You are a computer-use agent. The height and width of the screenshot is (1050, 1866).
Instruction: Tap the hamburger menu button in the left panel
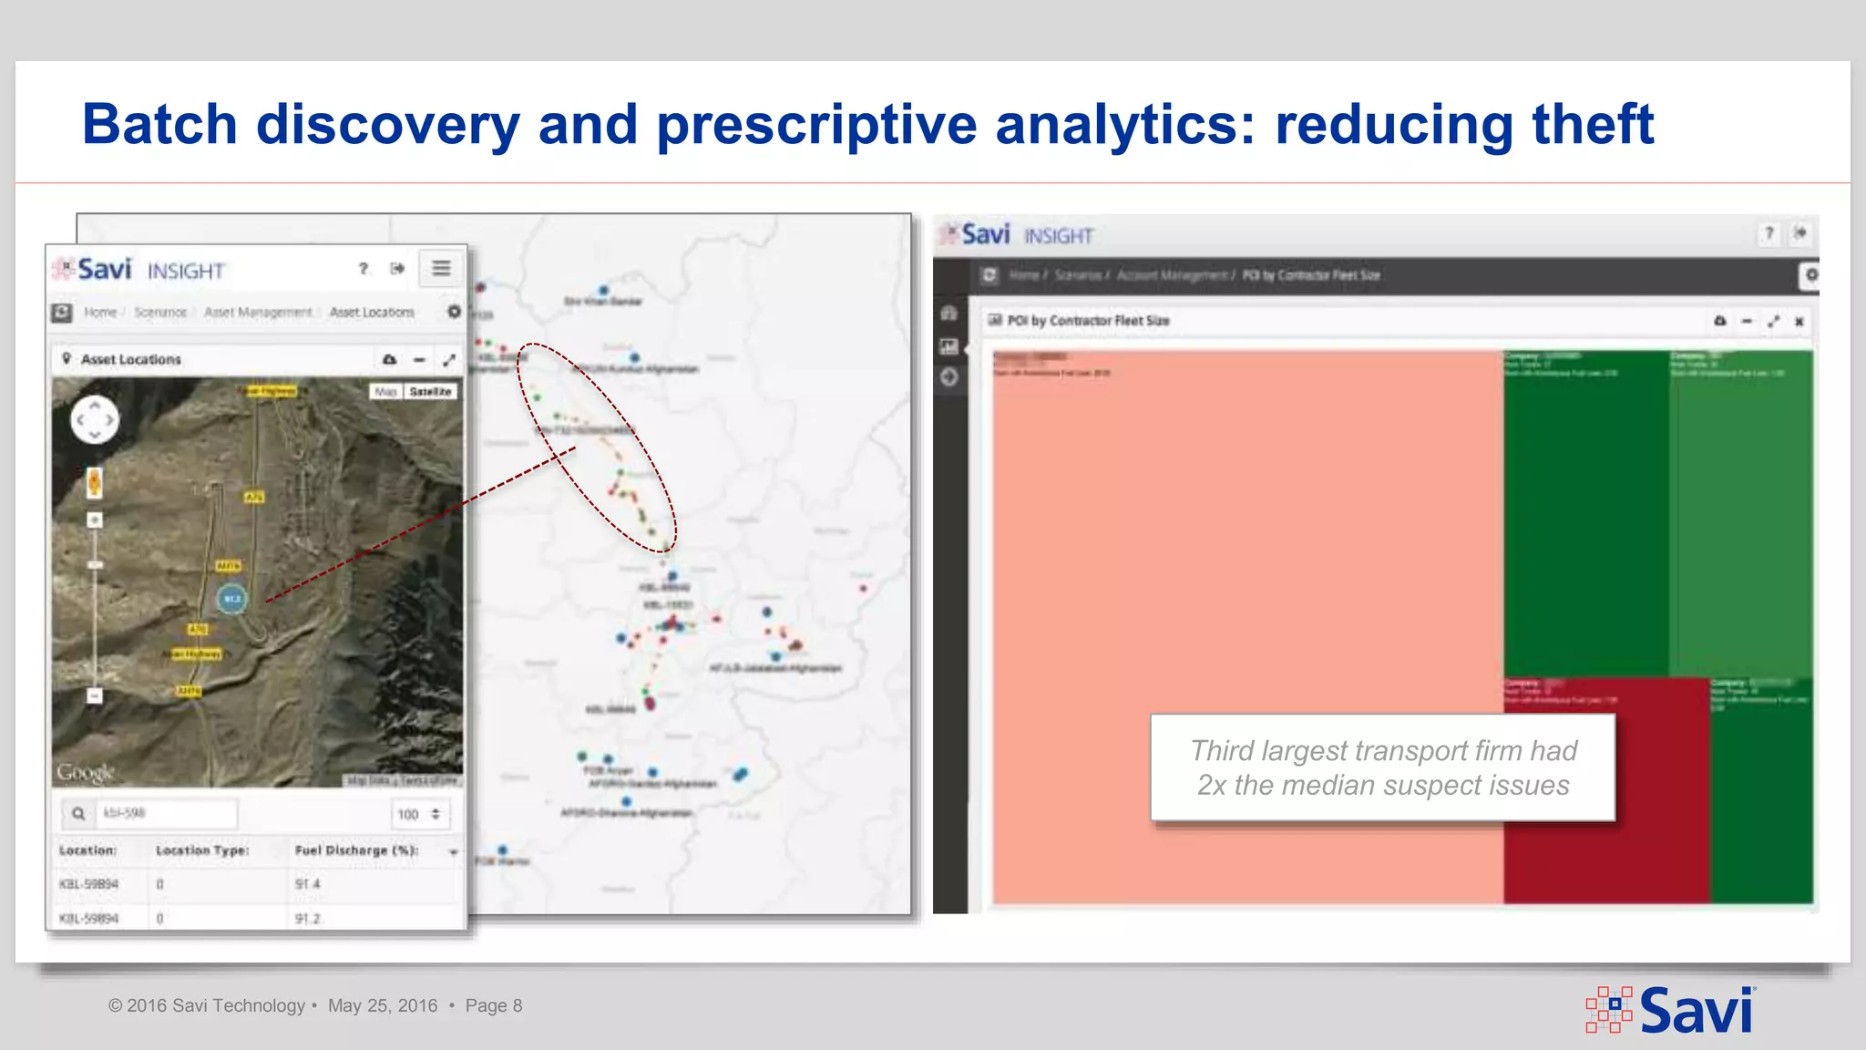(x=441, y=268)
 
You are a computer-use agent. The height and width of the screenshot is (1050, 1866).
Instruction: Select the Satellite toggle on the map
(x=430, y=391)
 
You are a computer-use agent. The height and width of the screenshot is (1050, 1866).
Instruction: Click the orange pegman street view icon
(x=94, y=482)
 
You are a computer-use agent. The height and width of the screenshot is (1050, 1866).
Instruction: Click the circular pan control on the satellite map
(x=95, y=419)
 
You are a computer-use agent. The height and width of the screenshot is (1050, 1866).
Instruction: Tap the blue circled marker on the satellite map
(x=232, y=599)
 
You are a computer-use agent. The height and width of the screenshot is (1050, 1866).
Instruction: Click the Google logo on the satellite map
(x=86, y=772)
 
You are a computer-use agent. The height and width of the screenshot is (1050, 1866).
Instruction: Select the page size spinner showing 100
(x=419, y=814)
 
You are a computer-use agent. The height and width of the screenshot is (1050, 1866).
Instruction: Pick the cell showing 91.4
(x=308, y=884)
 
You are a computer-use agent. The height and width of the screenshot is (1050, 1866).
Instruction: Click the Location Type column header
(x=202, y=850)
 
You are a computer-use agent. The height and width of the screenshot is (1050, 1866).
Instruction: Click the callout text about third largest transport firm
(x=1383, y=767)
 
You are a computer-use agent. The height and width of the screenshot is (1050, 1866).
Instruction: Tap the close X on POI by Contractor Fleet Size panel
(x=1799, y=321)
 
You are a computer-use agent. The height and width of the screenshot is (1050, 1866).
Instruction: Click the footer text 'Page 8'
(x=493, y=1005)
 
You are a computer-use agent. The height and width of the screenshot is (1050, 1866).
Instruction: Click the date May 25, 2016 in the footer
(x=383, y=1005)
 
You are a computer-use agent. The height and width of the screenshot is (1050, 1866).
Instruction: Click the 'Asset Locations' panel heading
(x=130, y=359)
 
